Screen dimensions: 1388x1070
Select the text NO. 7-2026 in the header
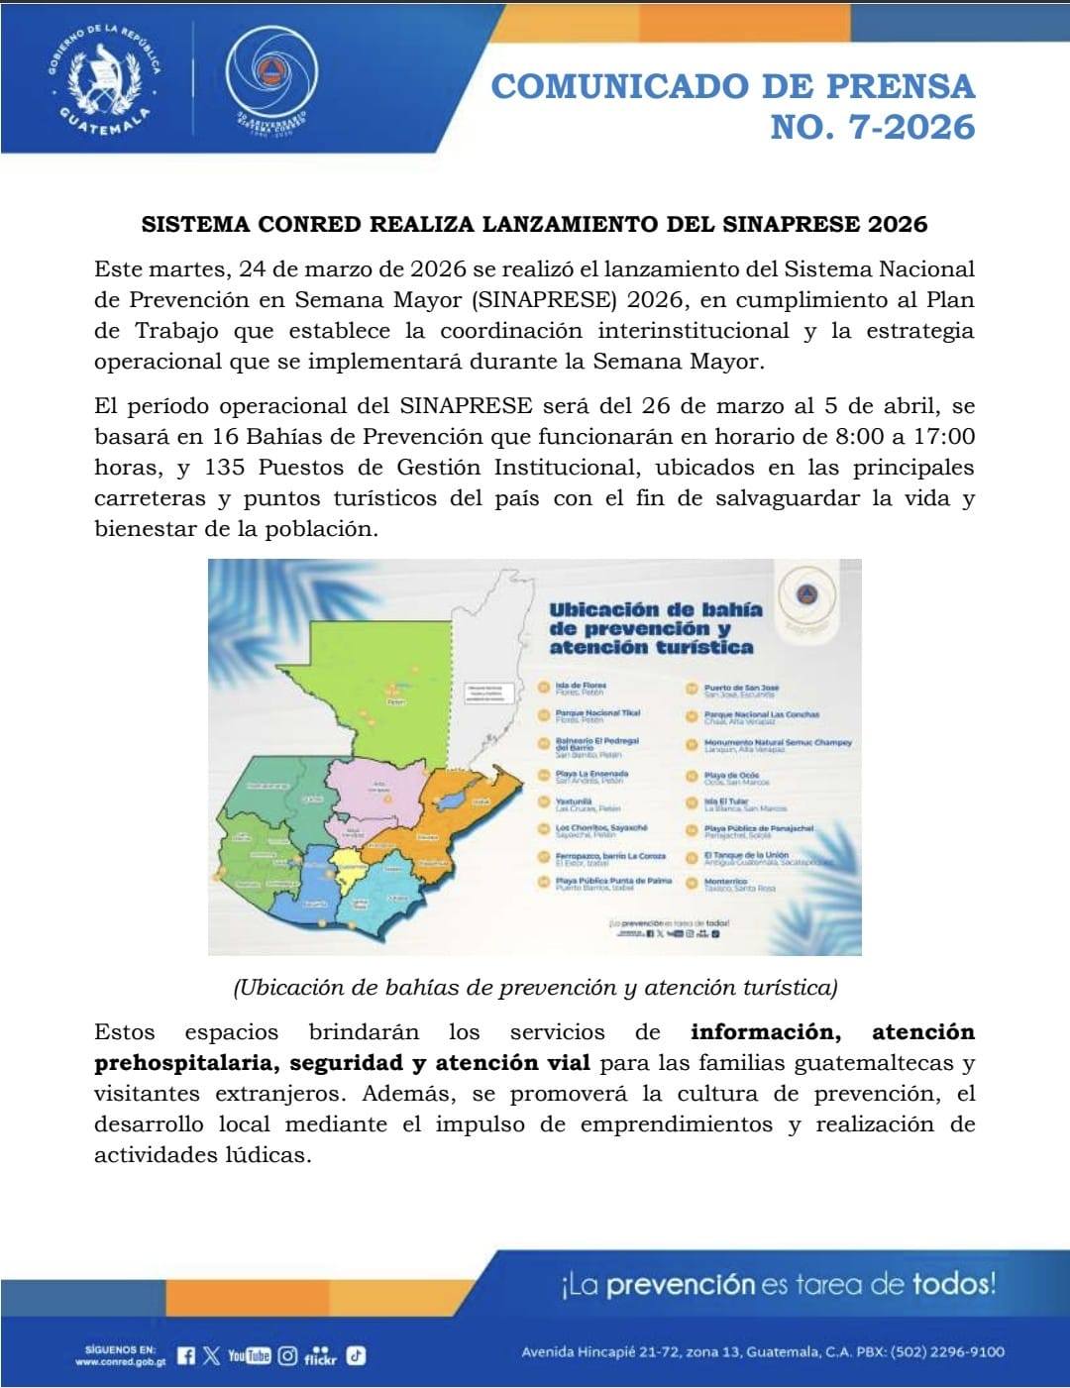pos(872,127)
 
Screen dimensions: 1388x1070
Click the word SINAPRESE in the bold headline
pos(787,224)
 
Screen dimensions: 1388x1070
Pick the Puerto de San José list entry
pos(741,690)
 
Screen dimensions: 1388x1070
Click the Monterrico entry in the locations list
pos(725,884)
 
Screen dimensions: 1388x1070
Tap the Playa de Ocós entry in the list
pos(731,778)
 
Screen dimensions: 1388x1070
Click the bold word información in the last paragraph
pos(766,1032)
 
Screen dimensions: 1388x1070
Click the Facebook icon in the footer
pos(186,1356)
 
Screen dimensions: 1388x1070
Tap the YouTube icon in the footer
pos(249,1356)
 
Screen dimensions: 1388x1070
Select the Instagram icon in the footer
pos(287,1356)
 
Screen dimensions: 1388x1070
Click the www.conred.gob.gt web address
pos(120,1362)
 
